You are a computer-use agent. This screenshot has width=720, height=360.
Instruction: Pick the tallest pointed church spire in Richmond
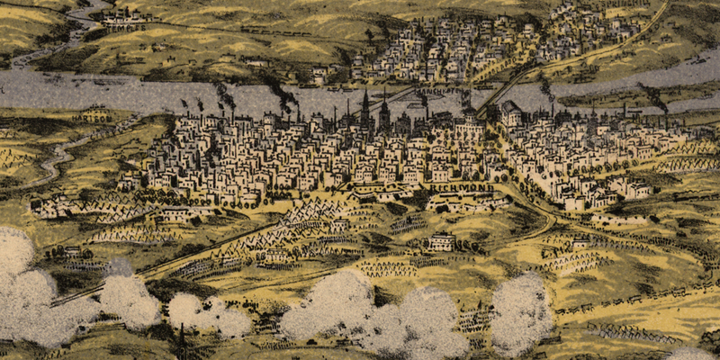coord(365,108)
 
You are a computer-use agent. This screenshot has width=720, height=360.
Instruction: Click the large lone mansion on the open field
coord(441,241)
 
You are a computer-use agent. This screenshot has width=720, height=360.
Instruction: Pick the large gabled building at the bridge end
coord(510,113)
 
